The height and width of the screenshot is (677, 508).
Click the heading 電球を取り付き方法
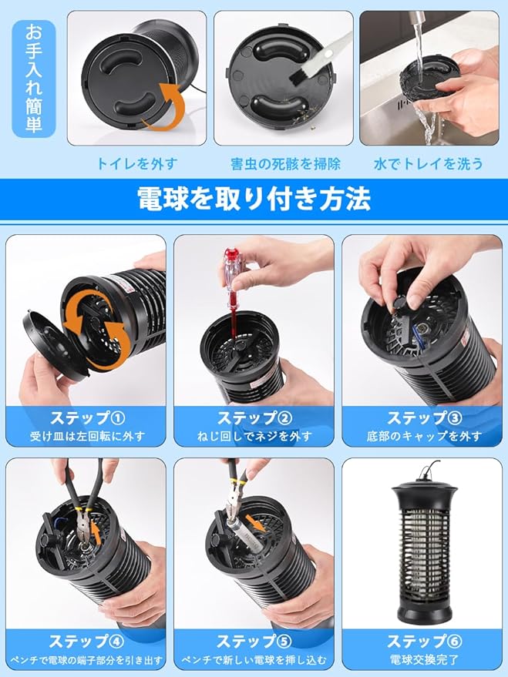[x=254, y=199]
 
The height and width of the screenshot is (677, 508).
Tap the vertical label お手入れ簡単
[x=34, y=78]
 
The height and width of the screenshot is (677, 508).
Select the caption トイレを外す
[x=136, y=164]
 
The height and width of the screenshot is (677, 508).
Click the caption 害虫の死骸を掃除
[x=285, y=164]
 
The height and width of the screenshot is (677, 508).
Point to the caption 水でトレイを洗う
[x=428, y=164]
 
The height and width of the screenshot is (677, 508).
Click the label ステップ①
[x=88, y=418]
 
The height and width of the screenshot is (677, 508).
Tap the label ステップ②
[x=254, y=418]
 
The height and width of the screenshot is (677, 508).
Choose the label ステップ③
[x=424, y=418]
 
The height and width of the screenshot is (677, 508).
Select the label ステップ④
[x=86, y=641]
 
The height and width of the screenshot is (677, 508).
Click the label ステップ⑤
[x=254, y=641]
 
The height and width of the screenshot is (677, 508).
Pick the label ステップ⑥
[x=424, y=641]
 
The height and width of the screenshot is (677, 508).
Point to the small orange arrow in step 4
[x=97, y=532]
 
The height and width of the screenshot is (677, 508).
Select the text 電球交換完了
[x=424, y=660]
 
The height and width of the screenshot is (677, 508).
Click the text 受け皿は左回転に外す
[x=88, y=437]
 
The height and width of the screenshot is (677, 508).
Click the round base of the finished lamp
[x=424, y=608]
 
